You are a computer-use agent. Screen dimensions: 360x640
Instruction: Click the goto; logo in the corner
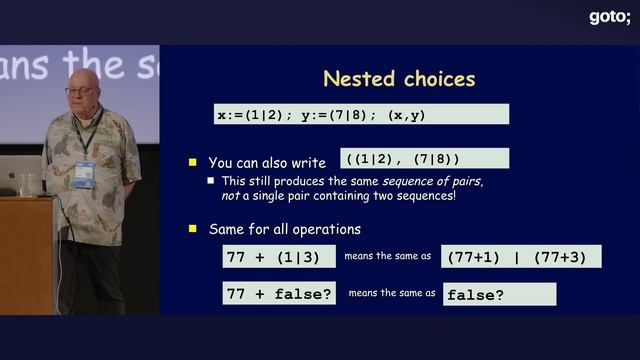[609, 16]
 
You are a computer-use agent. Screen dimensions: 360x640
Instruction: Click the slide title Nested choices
[399, 78]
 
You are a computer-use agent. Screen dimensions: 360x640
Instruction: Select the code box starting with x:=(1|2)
[361, 114]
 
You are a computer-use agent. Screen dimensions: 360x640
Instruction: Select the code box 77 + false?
[280, 294]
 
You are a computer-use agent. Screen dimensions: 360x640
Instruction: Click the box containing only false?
[498, 294]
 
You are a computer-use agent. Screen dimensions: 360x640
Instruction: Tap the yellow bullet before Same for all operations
[194, 229]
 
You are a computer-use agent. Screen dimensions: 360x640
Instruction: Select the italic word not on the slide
[231, 196]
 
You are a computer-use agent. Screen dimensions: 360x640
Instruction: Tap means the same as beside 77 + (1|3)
[387, 256]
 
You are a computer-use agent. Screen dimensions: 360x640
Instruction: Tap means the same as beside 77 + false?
[392, 294]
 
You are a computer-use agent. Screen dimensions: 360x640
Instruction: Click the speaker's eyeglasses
[81, 91]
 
